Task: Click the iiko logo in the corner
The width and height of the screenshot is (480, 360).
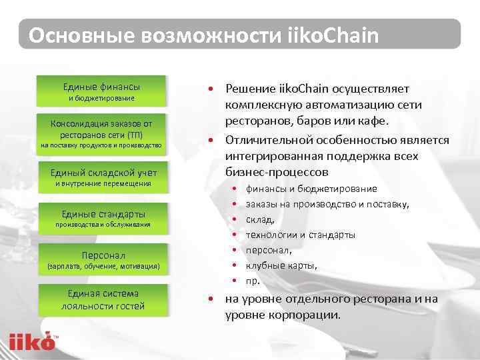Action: point(31,340)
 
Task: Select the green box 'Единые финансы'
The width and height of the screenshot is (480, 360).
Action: point(101,91)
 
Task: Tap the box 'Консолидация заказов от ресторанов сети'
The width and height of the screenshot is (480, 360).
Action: point(101,133)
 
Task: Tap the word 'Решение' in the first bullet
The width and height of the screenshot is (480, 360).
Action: point(249,89)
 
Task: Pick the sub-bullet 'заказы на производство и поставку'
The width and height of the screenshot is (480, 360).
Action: point(327,204)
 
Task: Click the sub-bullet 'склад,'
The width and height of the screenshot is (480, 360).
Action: point(260,219)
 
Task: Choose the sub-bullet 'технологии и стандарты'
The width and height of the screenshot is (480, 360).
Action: point(300,235)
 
